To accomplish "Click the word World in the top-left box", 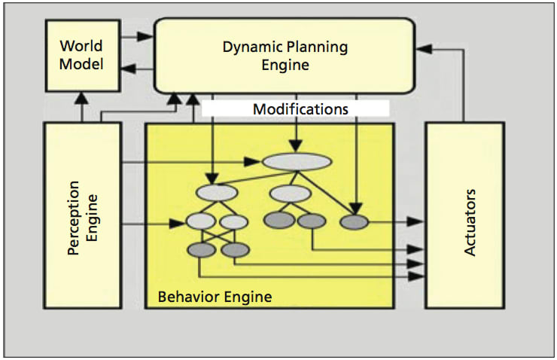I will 81,45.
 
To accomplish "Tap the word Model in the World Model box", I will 81,64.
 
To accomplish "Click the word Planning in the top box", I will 319,47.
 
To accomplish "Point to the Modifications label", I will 300,109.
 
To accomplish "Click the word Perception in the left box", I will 74,218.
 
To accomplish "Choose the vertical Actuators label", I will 470,223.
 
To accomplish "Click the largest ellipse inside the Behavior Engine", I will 297,162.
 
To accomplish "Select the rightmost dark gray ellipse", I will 354,222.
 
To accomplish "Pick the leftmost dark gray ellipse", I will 201,250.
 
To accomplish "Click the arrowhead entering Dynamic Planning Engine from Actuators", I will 423,48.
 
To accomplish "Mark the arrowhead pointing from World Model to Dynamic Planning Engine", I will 147,35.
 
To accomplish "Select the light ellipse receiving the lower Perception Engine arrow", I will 201,222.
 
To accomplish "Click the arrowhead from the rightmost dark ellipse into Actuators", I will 417,222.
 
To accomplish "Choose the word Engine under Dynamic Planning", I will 285,66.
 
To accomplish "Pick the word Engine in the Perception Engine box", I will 93,218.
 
